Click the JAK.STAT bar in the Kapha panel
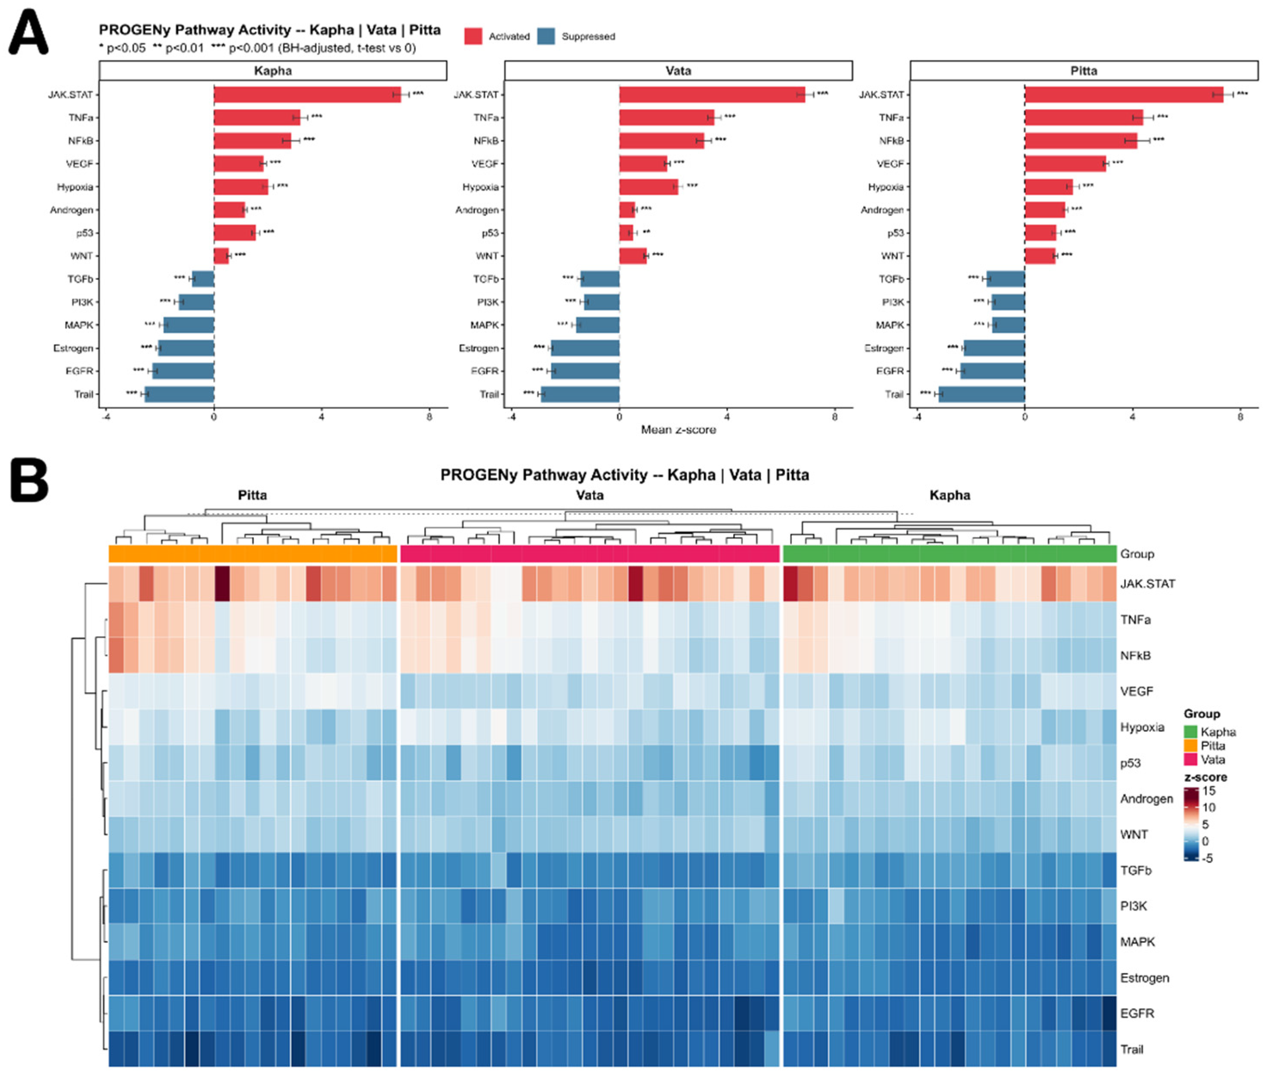click(x=307, y=95)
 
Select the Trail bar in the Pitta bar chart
click(x=982, y=394)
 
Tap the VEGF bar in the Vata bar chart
click(x=643, y=164)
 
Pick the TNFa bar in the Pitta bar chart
click(x=1084, y=118)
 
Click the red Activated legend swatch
click(x=473, y=37)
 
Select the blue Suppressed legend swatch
click(x=546, y=37)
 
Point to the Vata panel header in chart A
click(x=679, y=71)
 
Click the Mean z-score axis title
click(x=679, y=430)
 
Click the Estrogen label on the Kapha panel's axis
click(x=73, y=348)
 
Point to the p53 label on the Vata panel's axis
click(x=490, y=233)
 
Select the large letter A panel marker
click(x=28, y=34)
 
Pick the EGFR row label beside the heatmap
click(x=1137, y=1013)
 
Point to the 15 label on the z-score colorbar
click(x=1209, y=791)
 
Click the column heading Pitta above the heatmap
click(x=252, y=495)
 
